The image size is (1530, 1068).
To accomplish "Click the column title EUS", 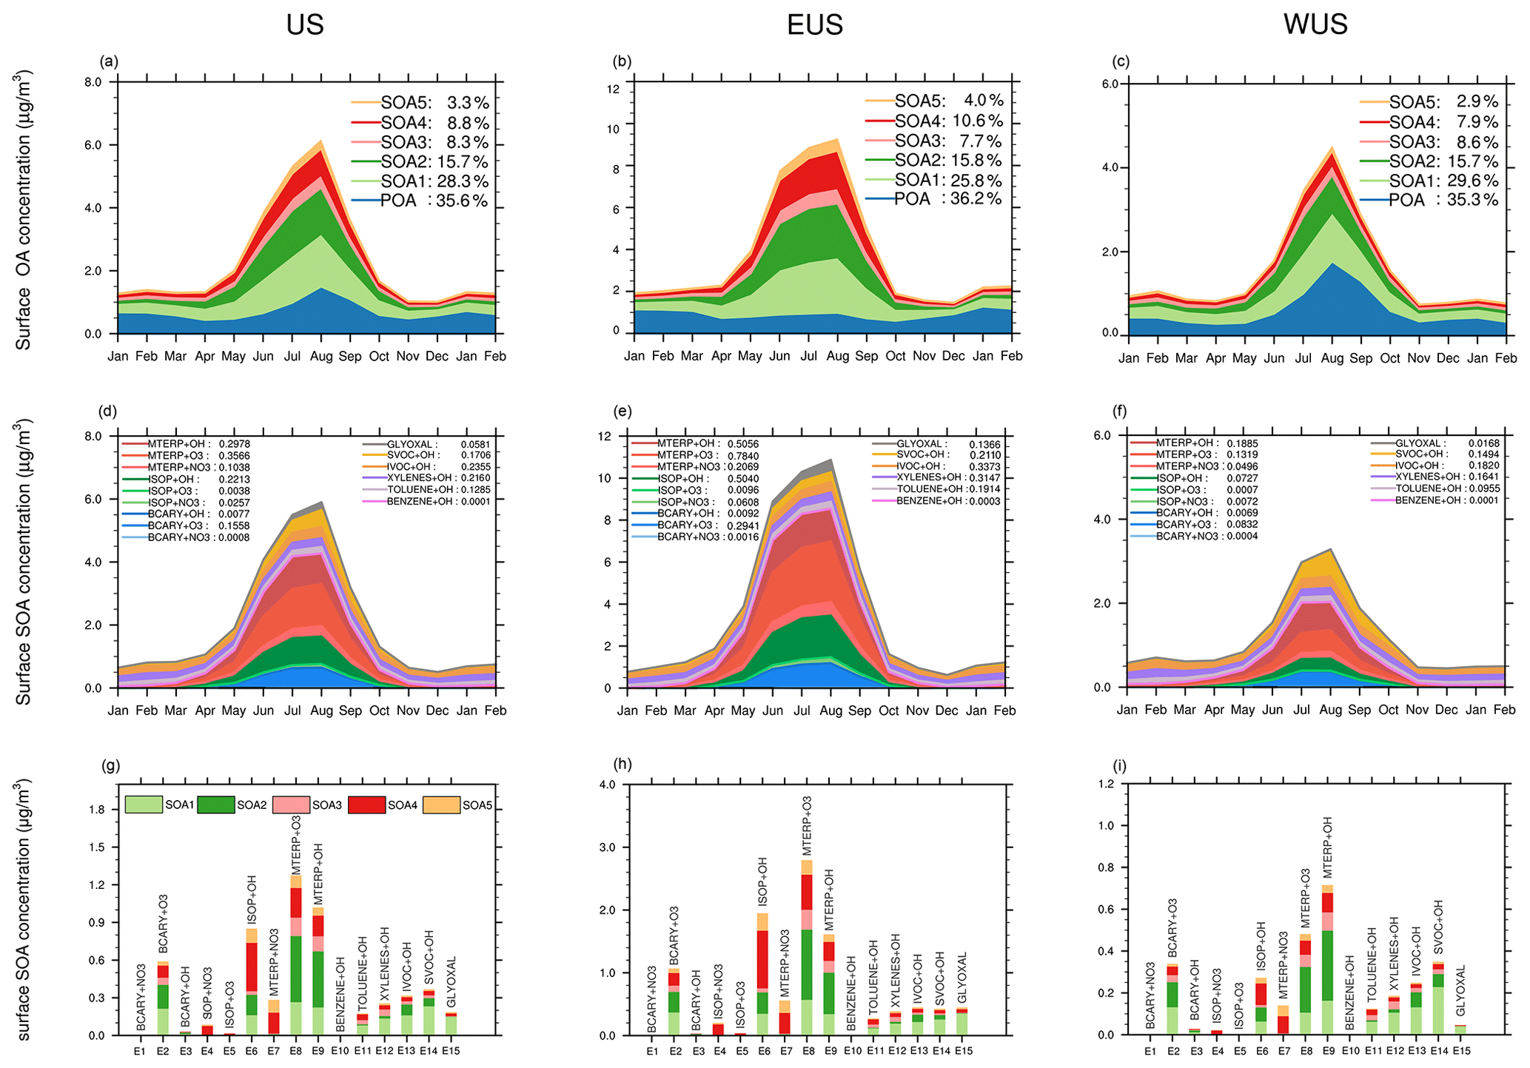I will (x=814, y=24).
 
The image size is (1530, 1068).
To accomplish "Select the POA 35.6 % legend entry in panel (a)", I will (x=434, y=201).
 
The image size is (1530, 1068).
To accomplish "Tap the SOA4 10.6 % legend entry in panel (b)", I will (x=948, y=121).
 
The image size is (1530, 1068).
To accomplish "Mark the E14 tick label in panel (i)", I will (x=1439, y=1051).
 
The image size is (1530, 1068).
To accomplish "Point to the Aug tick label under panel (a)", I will (x=321, y=357).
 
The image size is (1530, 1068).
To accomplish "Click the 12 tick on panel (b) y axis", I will (x=613, y=90).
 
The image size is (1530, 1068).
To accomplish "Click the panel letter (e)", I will (x=624, y=411).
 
